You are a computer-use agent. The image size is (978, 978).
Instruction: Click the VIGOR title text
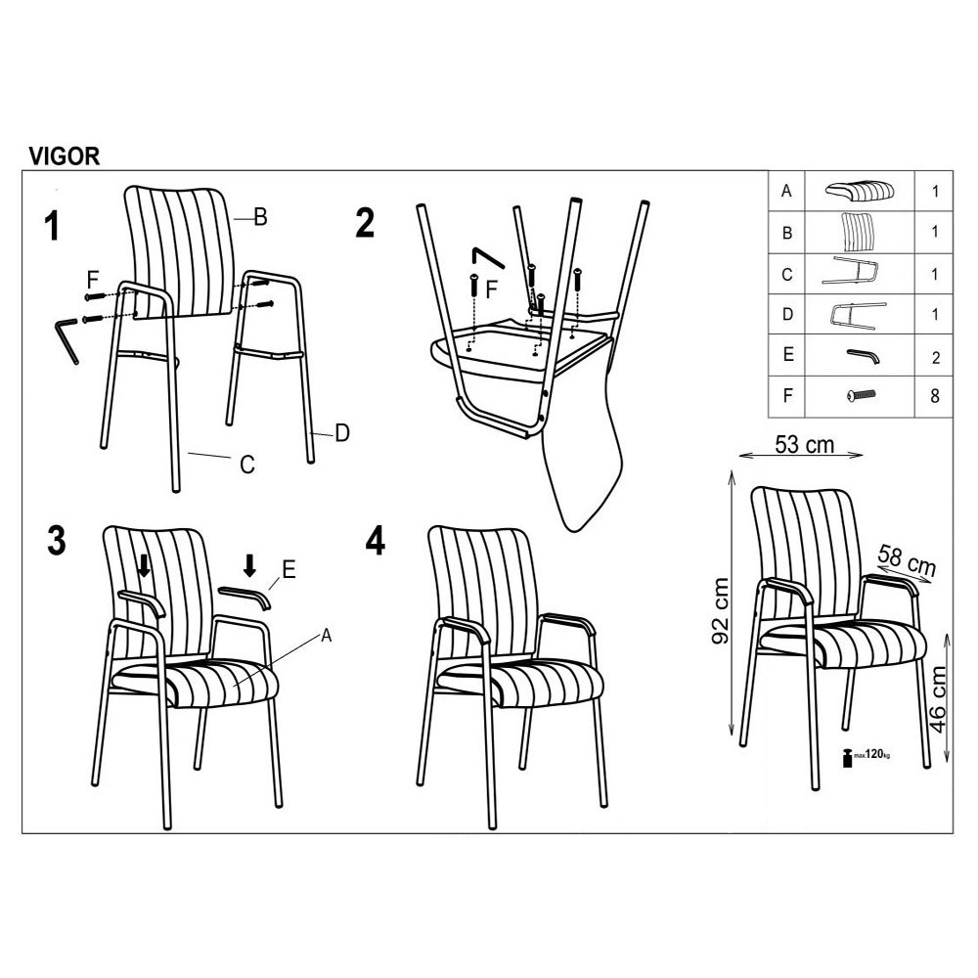(x=65, y=156)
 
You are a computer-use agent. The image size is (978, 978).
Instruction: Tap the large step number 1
(x=53, y=226)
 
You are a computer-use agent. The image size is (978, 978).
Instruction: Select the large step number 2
(x=365, y=223)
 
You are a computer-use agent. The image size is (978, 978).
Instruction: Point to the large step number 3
(x=57, y=540)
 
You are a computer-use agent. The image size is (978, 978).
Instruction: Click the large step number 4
(x=375, y=540)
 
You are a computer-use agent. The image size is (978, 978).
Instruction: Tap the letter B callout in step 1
(x=261, y=217)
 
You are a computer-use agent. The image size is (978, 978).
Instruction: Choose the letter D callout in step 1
(x=342, y=433)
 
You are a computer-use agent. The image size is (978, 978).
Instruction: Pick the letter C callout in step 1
(x=247, y=464)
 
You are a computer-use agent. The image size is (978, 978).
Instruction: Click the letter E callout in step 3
(x=289, y=569)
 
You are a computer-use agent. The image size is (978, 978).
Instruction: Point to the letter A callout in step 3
(x=327, y=637)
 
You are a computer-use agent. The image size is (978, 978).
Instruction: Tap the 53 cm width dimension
(x=805, y=445)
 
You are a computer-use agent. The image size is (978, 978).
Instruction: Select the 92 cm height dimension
(x=721, y=610)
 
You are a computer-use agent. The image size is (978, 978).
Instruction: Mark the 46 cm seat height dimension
(x=937, y=700)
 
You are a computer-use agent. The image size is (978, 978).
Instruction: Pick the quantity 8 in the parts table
(x=934, y=396)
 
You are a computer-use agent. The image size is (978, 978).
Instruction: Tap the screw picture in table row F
(x=862, y=395)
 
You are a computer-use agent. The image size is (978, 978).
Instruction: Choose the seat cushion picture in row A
(x=860, y=190)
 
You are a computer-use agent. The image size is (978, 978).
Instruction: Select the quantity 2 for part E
(x=936, y=357)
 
